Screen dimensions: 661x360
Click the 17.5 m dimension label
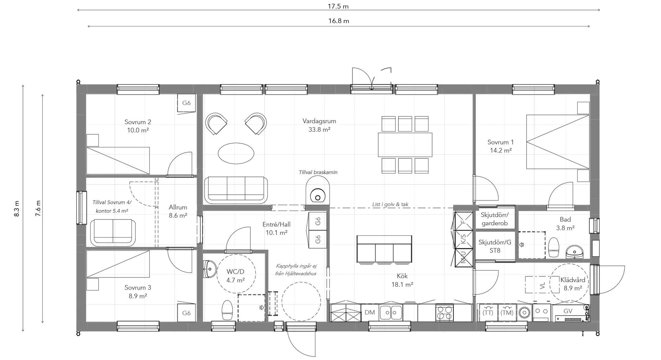338,6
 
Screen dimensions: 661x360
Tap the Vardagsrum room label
319,121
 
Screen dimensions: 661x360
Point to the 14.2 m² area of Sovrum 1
501,150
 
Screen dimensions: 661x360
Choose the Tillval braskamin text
318,172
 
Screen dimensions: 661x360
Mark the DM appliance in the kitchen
370,313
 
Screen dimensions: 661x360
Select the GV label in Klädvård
568,311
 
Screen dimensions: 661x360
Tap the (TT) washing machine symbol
488,313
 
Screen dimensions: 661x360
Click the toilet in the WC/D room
227,310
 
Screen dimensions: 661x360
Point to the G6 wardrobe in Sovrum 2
186,103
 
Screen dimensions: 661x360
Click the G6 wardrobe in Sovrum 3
186,313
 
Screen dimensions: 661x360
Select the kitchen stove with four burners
444,313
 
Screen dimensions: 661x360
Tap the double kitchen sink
390,313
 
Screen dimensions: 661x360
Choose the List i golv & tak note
390,204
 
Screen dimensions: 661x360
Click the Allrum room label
178,207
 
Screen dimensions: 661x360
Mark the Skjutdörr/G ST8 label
495,246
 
